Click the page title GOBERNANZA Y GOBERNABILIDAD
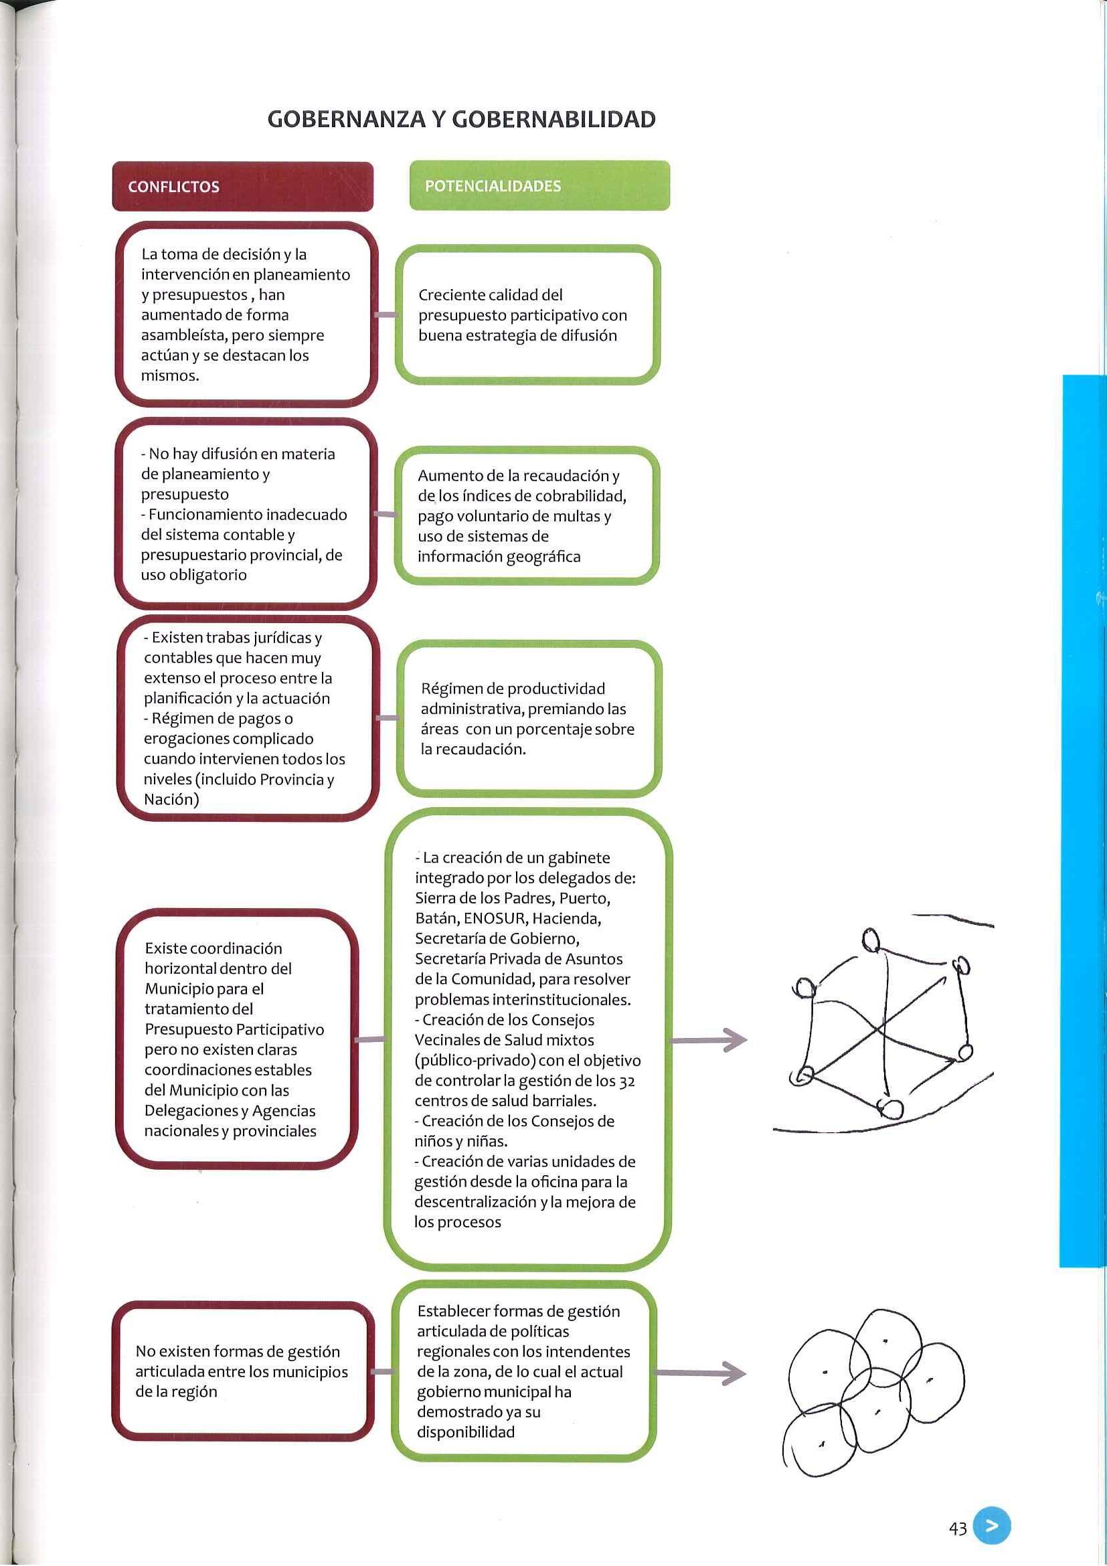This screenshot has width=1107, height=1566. pos(461,119)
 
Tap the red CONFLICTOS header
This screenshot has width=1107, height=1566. pos(173,187)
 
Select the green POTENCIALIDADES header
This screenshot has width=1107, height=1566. pos(493,186)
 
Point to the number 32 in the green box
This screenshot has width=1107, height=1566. pos(627,1081)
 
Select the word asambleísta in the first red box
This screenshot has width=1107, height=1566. pos(184,335)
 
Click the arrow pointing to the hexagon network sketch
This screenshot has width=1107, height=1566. pos(709,1040)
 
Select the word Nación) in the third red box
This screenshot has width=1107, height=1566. pos(171,799)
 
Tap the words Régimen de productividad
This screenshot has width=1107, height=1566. pos(513,689)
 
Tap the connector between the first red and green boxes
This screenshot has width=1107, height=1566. pos(386,315)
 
